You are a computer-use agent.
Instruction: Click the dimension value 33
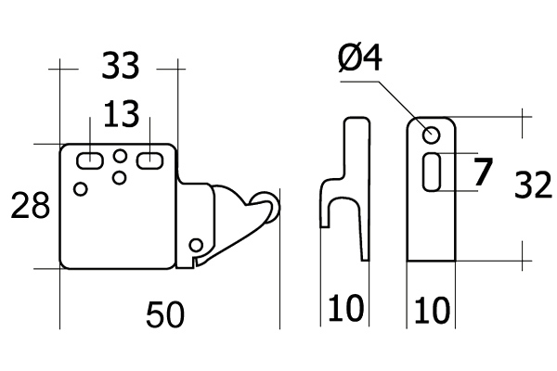[121, 67]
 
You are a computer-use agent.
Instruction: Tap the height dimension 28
[31, 206]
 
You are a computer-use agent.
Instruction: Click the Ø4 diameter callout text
[362, 63]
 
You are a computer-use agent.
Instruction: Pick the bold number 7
[482, 173]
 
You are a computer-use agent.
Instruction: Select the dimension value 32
[534, 187]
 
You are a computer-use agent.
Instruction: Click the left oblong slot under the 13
[89, 160]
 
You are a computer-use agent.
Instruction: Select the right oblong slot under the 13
[149, 160]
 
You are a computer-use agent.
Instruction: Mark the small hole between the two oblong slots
[120, 155]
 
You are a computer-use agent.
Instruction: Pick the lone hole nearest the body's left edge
[81, 189]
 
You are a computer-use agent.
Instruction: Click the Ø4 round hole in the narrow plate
[432, 136]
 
